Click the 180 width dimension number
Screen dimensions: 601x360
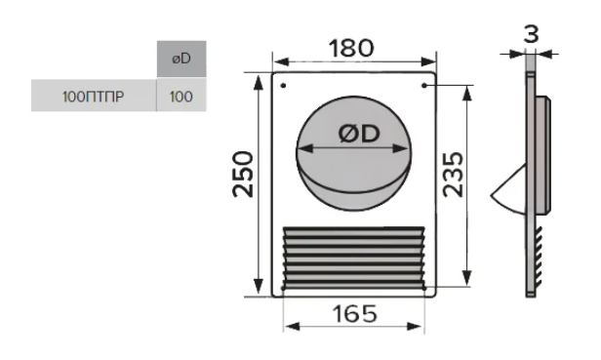[x=350, y=49]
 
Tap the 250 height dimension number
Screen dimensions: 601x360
[x=243, y=175]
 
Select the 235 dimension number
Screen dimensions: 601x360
[x=453, y=175]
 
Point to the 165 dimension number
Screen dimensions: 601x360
[x=354, y=314]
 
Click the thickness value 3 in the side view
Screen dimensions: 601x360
[x=531, y=34]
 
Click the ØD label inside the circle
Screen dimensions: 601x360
[x=359, y=134]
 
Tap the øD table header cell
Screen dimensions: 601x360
[x=181, y=59]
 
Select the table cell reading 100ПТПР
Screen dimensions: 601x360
[x=94, y=96]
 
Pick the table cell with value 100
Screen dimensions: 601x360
[x=181, y=96]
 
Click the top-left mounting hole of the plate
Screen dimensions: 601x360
[x=283, y=86]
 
